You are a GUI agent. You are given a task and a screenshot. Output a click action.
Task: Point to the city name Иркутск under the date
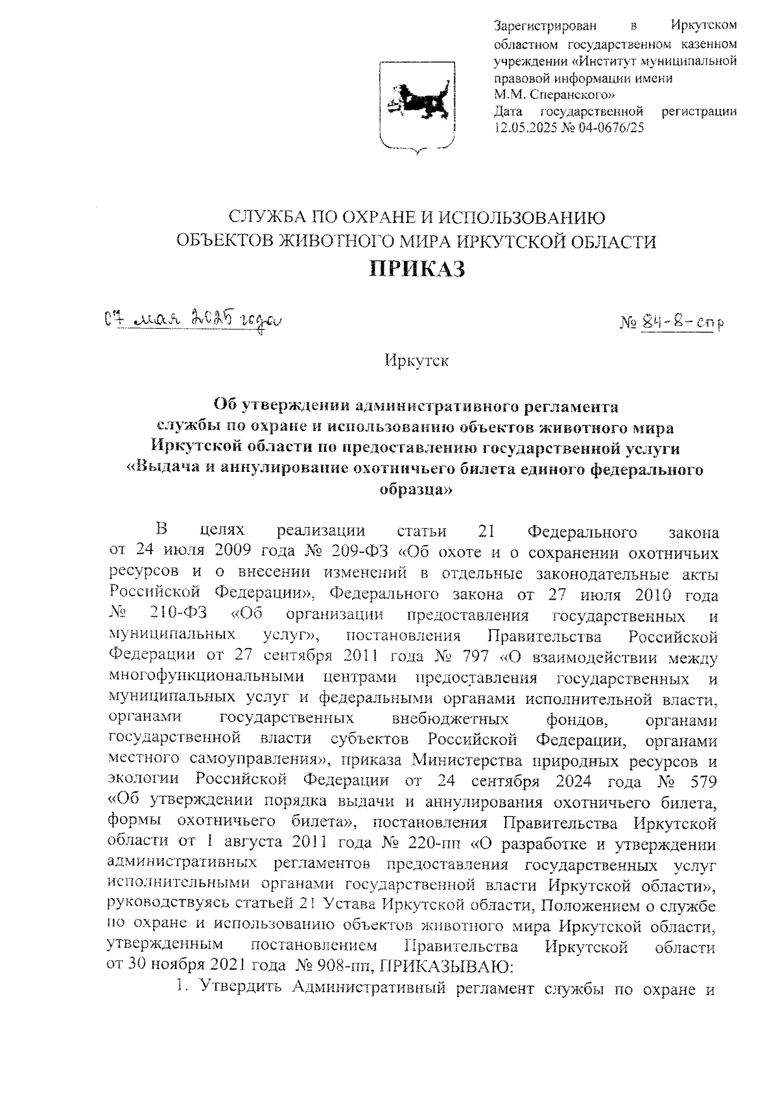coord(416,360)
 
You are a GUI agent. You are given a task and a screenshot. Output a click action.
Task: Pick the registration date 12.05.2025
coord(521,128)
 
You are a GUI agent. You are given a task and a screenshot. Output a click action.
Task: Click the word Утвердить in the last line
coord(243,988)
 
